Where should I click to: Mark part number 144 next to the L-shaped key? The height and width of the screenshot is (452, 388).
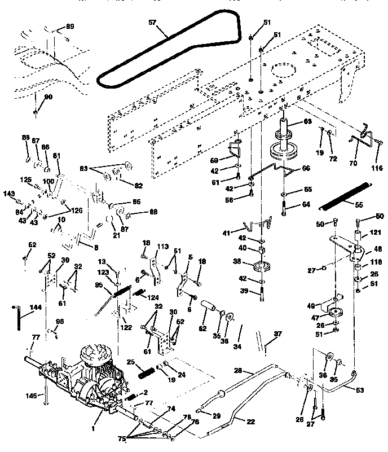pos(36,308)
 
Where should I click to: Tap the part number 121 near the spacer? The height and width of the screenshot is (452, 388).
pos(373,232)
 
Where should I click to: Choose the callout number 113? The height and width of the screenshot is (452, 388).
pos(163,246)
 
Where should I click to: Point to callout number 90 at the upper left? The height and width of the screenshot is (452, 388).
pos(48,97)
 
